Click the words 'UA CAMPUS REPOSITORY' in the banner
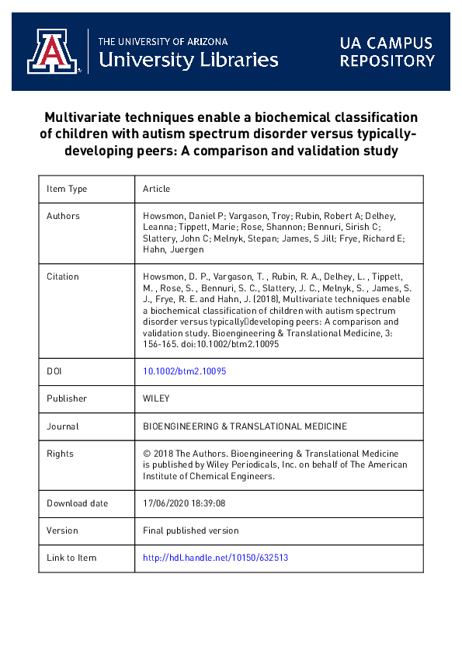pyautogui.click(x=387, y=51)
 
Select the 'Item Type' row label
pyautogui.click(x=67, y=189)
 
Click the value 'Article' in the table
pyautogui.click(x=156, y=189)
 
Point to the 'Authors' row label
pyautogui.click(x=63, y=216)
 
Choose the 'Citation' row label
pyautogui.click(x=63, y=277)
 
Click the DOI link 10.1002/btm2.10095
pyautogui.click(x=185, y=371)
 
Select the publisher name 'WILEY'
pyautogui.click(x=156, y=398)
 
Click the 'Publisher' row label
pyautogui.click(x=67, y=398)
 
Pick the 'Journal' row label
pyautogui.click(x=63, y=426)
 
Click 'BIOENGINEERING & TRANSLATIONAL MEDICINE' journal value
pyautogui.click(x=245, y=426)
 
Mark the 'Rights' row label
pyautogui.click(x=60, y=454)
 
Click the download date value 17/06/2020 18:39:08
pyautogui.click(x=184, y=503)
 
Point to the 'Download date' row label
pyautogui.click(x=78, y=503)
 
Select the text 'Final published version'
pyautogui.click(x=191, y=531)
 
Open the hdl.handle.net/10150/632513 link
pyautogui.click(x=216, y=558)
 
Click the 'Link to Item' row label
pyautogui.click(x=71, y=558)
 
